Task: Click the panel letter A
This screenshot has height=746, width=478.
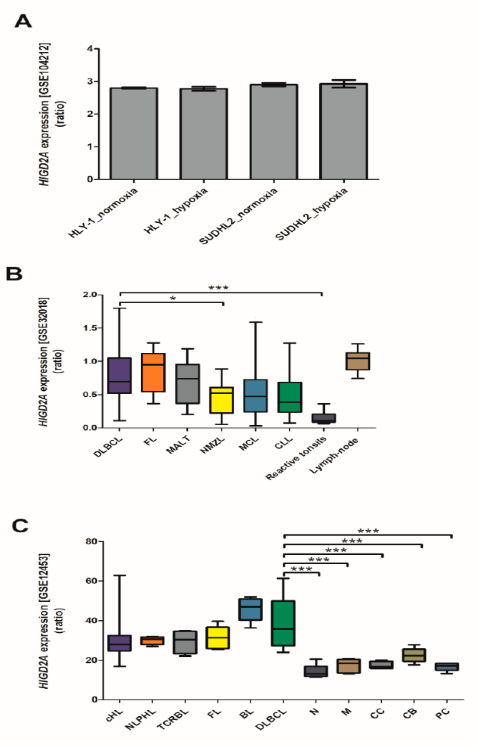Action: [23, 22]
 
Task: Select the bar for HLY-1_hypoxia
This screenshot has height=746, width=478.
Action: [204, 133]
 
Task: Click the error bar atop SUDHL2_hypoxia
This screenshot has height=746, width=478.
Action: [344, 83]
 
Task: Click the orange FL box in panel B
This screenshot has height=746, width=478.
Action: [153, 372]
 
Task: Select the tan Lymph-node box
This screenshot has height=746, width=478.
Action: [358, 361]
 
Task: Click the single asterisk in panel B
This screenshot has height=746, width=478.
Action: [173, 299]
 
